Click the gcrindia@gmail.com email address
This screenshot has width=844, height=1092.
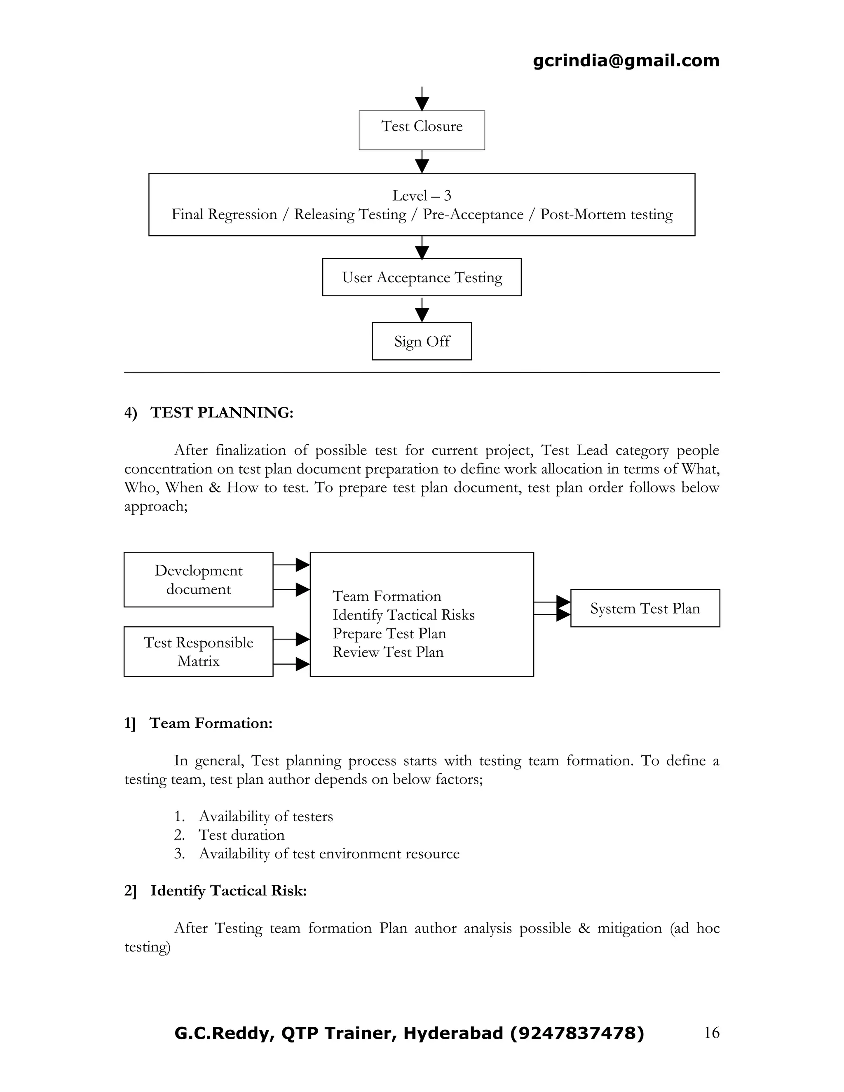626,61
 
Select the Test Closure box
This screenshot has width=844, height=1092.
422,130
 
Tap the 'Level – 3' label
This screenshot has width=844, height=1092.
422,195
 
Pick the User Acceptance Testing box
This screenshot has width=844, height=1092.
422,277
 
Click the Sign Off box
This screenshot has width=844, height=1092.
422,341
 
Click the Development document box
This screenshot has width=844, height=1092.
199,579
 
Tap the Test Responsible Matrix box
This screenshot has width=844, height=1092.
199,651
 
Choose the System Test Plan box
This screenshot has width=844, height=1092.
645,608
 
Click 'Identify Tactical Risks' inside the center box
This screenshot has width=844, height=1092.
403,614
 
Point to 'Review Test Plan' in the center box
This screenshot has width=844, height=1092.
388,652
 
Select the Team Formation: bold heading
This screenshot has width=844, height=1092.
211,723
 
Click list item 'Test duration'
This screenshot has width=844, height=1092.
241,835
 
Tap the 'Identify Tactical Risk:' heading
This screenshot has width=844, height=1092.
228,890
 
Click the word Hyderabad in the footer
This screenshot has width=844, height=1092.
453,1033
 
